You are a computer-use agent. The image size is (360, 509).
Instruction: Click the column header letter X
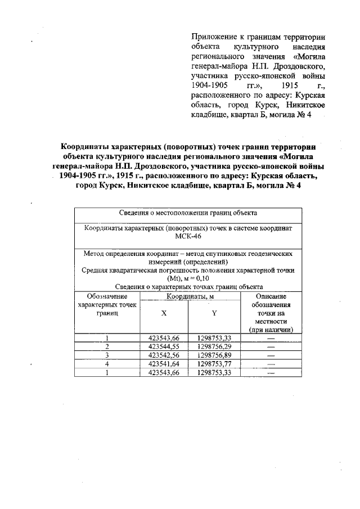[163, 314]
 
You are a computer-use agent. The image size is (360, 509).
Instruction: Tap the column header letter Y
[214, 314]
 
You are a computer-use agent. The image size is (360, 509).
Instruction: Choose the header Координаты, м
[188, 296]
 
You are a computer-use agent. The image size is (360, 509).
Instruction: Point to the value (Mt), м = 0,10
[188, 278]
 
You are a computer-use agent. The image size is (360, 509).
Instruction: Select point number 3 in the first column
[107, 355]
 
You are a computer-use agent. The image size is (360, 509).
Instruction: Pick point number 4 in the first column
[107, 363]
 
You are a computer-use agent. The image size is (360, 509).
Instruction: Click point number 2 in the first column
[107, 346]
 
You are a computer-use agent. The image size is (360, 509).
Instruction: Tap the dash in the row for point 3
[271, 355]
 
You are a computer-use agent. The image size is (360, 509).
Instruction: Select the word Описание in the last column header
[271, 296]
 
